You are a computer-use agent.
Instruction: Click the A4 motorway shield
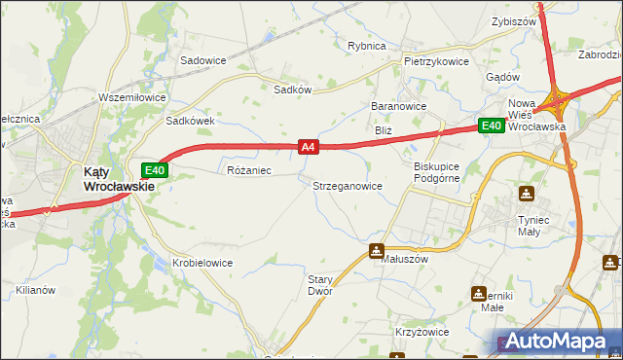308,147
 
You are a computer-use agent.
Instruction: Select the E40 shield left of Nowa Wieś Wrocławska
491,126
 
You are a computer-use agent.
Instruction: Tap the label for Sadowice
202,60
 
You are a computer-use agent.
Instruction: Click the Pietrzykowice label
436,61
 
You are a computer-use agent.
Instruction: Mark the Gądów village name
501,77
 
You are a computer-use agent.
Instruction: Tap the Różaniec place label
248,170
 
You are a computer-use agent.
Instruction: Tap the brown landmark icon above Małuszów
377,251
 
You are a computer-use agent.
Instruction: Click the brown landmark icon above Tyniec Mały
527,194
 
